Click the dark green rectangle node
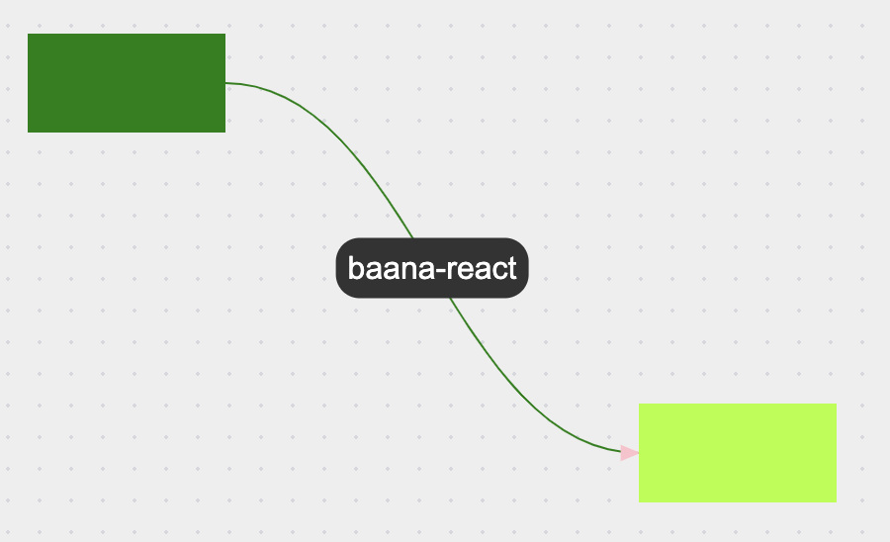(127, 83)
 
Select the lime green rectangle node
(737, 453)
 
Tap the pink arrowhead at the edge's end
(629, 453)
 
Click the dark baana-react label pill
(432, 268)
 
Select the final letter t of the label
(512, 268)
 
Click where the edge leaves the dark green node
(226, 83)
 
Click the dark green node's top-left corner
(29, 35)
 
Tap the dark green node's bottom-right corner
(224, 131)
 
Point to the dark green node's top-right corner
(224, 35)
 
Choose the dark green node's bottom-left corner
(29, 131)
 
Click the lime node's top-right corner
(836, 405)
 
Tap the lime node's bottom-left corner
(640, 500)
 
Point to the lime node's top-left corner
(640, 405)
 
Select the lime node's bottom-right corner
(836, 500)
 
